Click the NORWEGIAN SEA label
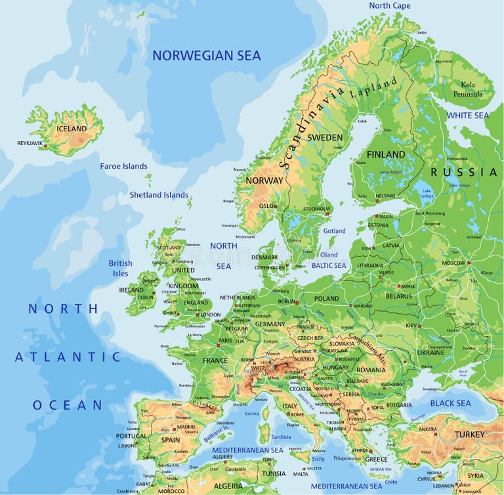click(x=207, y=56)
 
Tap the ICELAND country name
click(x=72, y=129)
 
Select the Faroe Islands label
click(x=123, y=166)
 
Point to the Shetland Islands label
click(x=159, y=195)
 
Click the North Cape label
click(x=389, y=6)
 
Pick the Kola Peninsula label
click(x=468, y=89)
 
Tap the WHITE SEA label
click(x=468, y=116)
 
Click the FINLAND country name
click(x=385, y=154)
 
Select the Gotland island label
click(x=335, y=231)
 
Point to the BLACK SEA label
click(x=450, y=403)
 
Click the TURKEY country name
click(x=470, y=435)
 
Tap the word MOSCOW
click(x=453, y=263)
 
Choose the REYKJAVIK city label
click(x=30, y=142)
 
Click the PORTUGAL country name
click(x=131, y=436)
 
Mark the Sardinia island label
click(x=281, y=437)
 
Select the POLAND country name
click(x=326, y=299)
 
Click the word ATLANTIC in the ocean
click(x=68, y=357)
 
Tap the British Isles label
click(x=120, y=268)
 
